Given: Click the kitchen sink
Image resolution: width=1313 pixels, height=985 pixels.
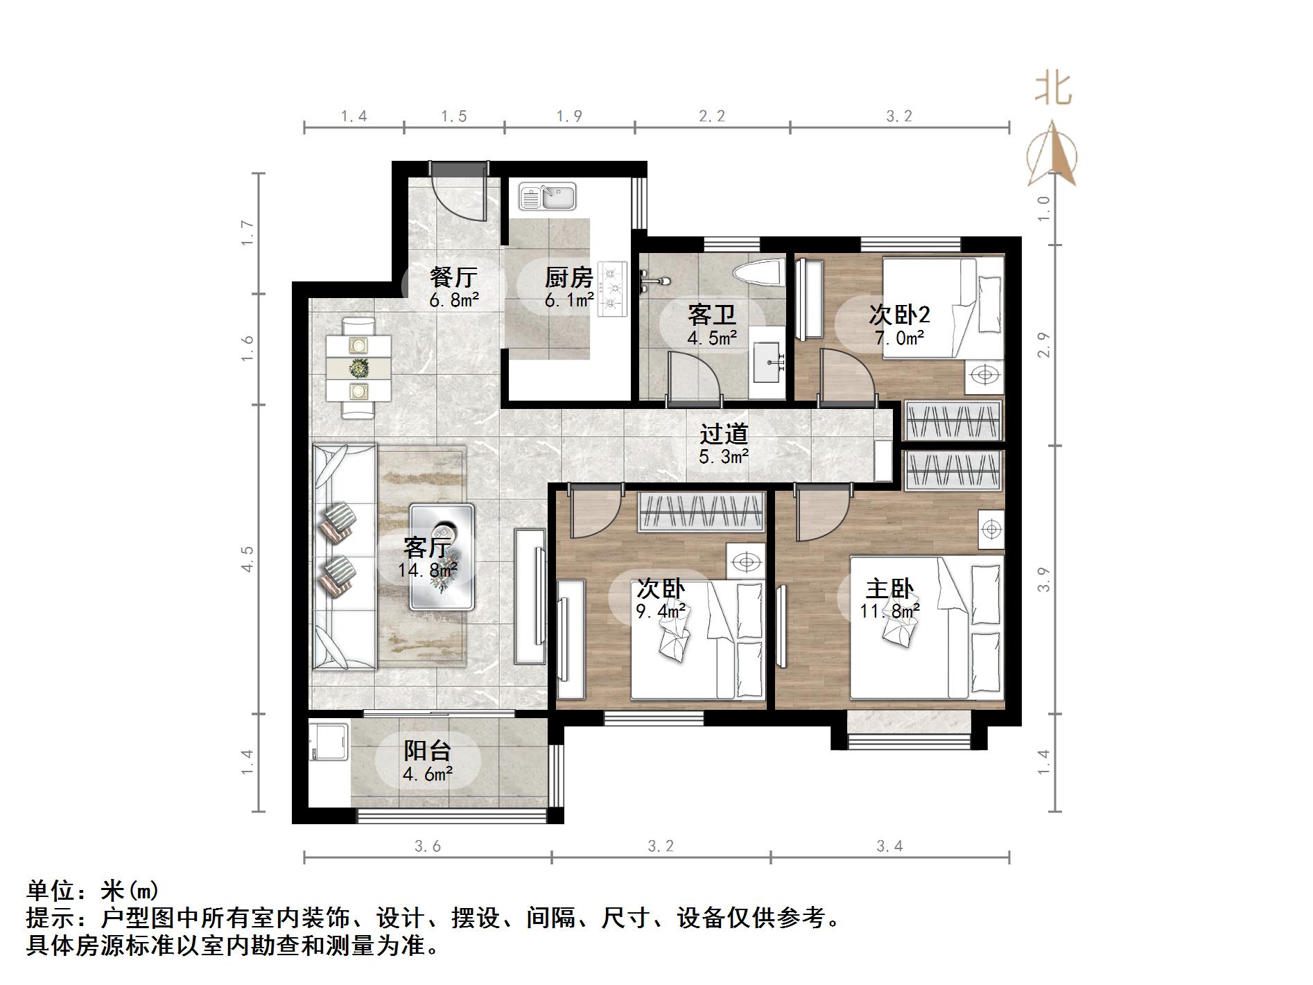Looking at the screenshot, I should point(547,196).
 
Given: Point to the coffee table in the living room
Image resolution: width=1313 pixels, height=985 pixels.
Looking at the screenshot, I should point(442,557).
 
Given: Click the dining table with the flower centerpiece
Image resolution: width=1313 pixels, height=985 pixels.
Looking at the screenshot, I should point(358,367).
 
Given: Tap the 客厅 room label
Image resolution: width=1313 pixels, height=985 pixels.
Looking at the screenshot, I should point(427,548).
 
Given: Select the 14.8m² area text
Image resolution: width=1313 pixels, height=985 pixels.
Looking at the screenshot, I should point(427,570).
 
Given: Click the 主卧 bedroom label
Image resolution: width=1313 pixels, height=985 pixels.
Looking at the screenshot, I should point(889,589).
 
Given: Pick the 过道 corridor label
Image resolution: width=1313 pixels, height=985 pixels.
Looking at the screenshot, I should point(724,434).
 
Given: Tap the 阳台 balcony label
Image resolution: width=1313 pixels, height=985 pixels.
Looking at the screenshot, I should point(427,751).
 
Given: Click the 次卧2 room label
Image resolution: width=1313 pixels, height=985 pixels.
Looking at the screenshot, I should point(899,315).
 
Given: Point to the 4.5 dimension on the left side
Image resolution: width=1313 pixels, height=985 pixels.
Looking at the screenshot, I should point(247,559).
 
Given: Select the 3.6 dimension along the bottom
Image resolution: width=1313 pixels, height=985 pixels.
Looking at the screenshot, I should point(427,846).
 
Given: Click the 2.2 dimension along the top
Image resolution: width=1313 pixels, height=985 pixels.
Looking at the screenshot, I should point(711,116).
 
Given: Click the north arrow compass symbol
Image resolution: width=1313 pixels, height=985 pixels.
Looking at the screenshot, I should point(1052,155).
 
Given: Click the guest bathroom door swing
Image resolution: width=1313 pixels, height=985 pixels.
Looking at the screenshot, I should point(693,378).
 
